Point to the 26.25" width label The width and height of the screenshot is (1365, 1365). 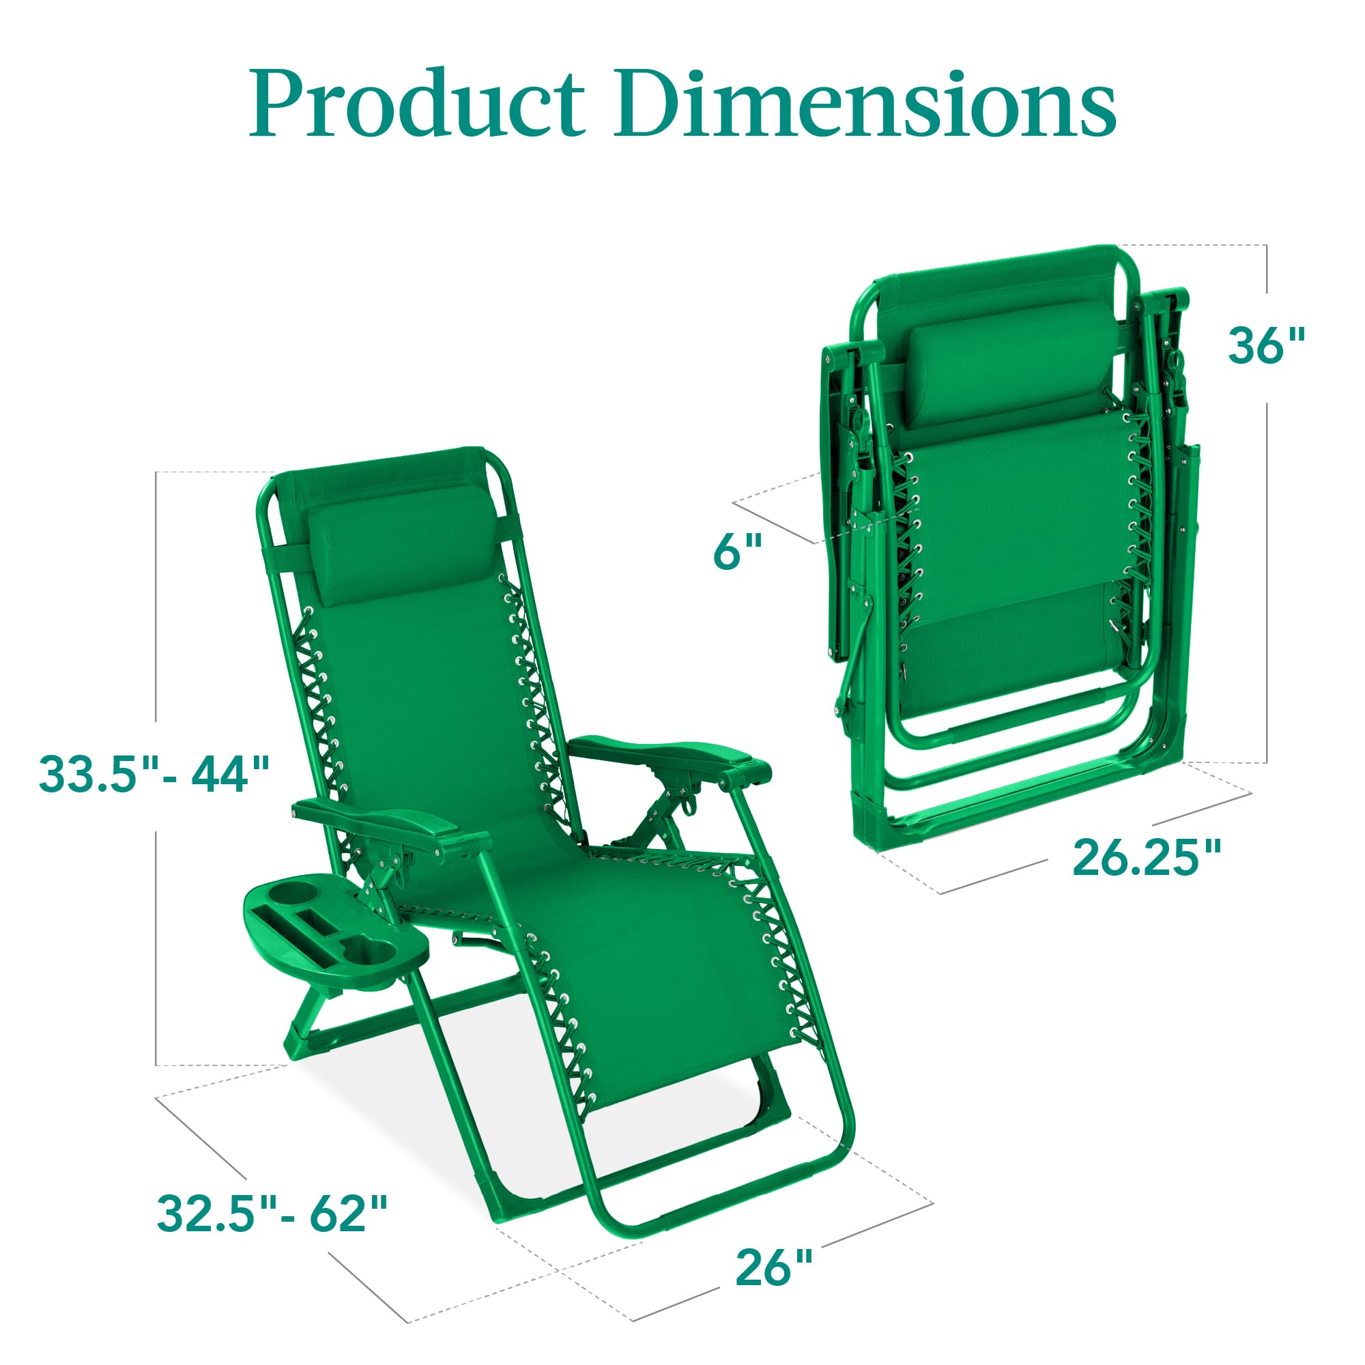point(1146,858)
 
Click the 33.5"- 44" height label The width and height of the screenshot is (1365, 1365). point(154,775)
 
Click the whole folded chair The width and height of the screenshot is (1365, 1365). point(1010,551)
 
